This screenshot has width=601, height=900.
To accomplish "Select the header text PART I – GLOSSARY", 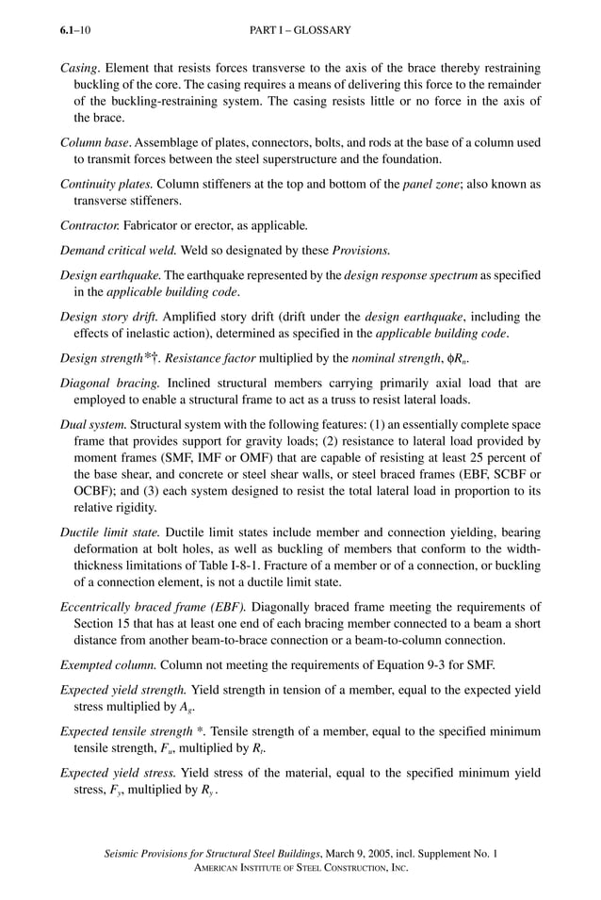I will point(300,31).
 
